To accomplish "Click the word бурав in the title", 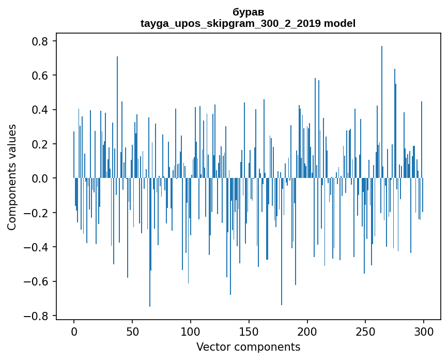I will (x=248, y=12).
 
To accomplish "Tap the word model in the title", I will (x=339, y=23).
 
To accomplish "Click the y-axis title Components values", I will (x=12, y=177).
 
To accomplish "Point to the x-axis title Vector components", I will (x=248, y=347).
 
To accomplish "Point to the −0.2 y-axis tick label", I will (x=37, y=213).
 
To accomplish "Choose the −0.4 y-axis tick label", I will (x=37, y=247).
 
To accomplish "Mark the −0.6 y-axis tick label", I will (x=37, y=281).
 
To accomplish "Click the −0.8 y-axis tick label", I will (x=37, y=316).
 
